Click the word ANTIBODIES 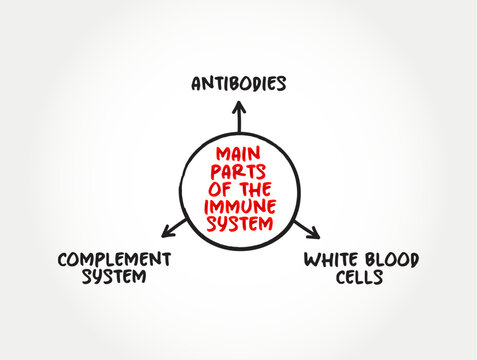coord(238,83)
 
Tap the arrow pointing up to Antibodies coord(238,120)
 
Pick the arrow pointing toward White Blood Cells coord(304,227)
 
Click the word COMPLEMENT coord(113,259)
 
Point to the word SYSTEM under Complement coord(113,277)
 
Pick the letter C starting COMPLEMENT coord(61,259)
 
